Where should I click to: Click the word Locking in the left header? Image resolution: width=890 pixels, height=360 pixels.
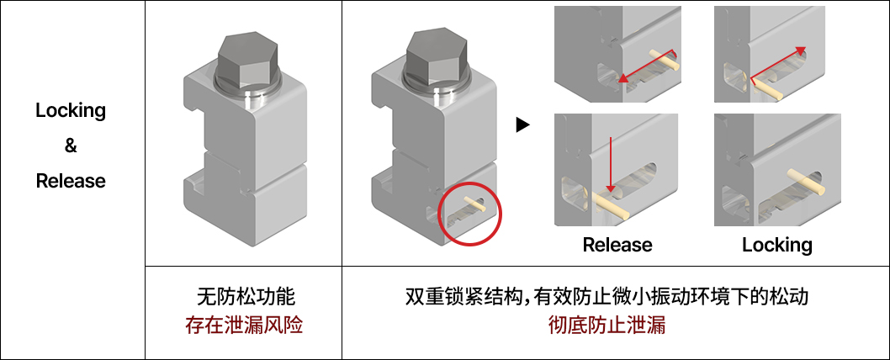pos(71,110)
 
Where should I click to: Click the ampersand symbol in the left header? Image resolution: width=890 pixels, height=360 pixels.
pos(71,146)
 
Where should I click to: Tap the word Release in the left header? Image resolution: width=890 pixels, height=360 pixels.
pos(71,181)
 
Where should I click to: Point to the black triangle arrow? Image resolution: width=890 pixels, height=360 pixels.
pos(523,125)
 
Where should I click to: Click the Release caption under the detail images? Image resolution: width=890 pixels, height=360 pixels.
pos(617,245)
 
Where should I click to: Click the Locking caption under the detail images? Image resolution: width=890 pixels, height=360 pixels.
pos(776,245)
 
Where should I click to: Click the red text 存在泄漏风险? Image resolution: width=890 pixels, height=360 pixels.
pos(244,325)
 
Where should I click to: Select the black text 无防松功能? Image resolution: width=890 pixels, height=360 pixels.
pos(244,297)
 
